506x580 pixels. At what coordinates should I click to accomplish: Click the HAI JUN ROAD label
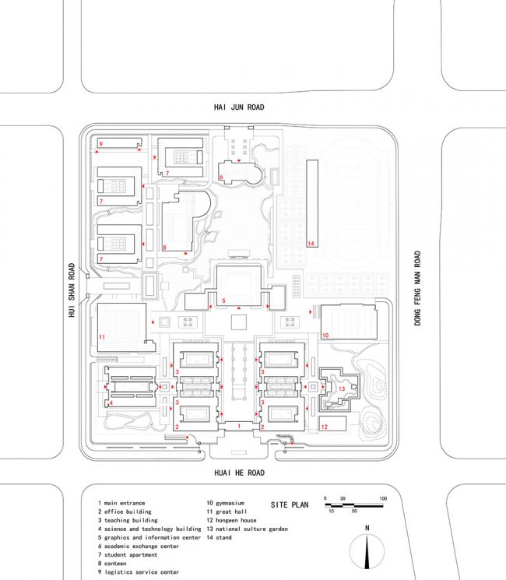(239, 107)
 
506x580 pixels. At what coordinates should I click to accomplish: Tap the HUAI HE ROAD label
(239, 473)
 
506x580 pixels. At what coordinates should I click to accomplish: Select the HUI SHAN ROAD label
(72, 290)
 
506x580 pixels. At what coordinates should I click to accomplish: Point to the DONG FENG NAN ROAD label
(417, 288)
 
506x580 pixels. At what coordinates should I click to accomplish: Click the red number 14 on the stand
(311, 244)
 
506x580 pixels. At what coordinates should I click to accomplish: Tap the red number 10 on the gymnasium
(325, 335)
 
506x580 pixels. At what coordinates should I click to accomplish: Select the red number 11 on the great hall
(102, 337)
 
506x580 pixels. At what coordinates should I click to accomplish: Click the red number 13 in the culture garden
(342, 388)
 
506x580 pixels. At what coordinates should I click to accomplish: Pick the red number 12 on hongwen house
(325, 427)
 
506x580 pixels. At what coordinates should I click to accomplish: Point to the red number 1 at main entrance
(239, 426)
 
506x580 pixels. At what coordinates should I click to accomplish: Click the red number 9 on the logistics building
(100, 144)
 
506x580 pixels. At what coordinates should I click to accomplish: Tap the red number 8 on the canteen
(164, 248)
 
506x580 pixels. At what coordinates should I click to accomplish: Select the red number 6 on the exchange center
(221, 178)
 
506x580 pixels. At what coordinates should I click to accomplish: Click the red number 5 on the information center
(223, 301)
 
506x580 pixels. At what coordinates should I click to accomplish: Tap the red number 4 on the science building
(111, 402)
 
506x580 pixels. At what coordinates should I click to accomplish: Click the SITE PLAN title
(290, 505)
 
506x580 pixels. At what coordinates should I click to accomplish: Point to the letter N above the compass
(367, 528)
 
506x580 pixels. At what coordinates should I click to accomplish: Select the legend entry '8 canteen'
(112, 564)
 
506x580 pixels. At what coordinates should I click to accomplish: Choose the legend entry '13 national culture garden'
(247, 529)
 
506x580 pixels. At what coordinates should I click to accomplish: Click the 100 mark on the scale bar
(383, 498)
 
